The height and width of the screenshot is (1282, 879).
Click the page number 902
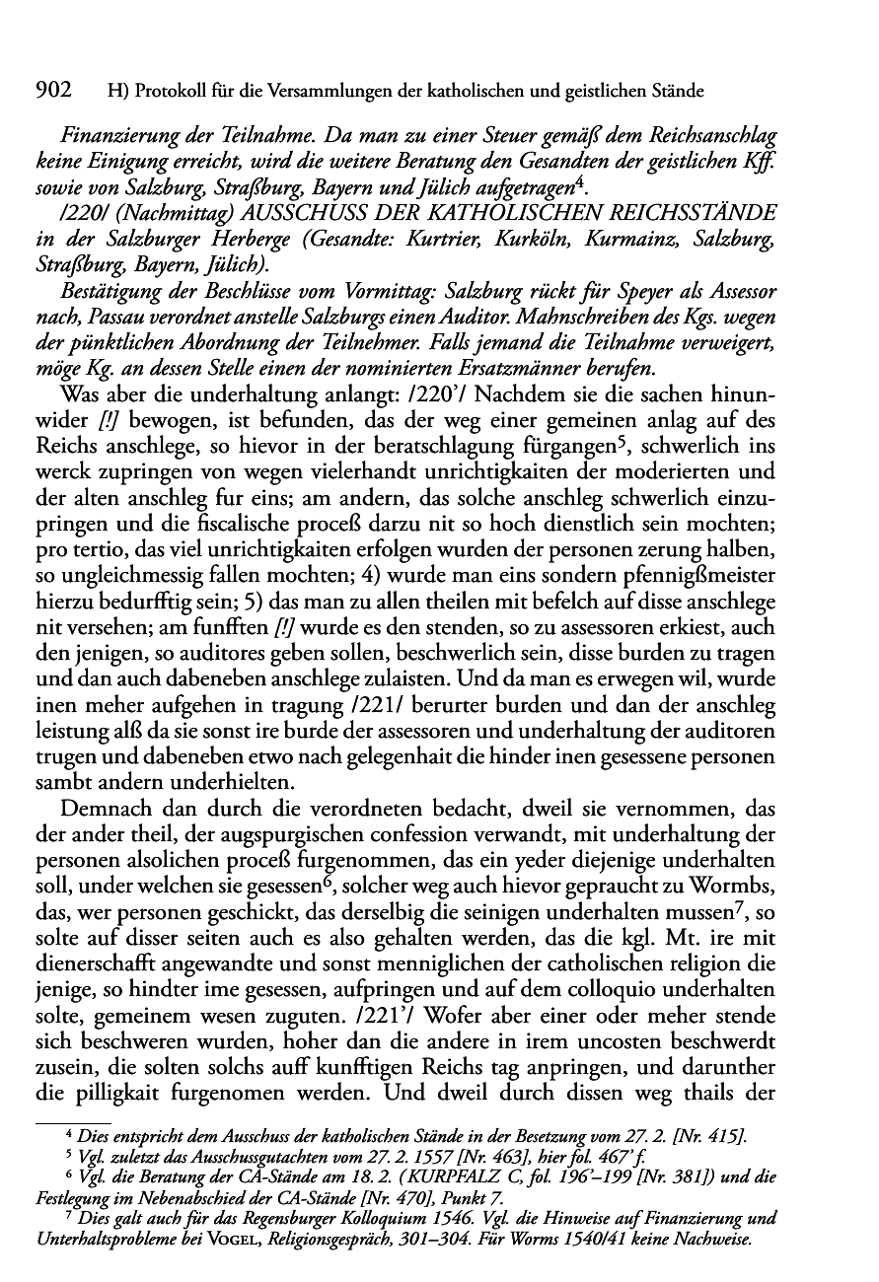[55, 92]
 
